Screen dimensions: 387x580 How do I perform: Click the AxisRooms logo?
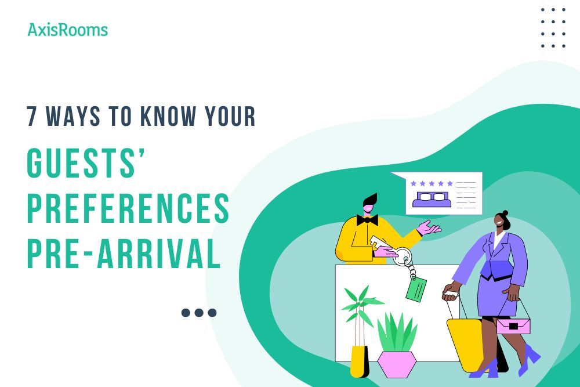tap(67, 30)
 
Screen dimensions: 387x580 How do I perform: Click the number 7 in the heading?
tap(32, 117)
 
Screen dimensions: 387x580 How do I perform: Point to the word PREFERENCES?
tap(128, 209)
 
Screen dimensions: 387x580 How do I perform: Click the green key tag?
tap(416, 289)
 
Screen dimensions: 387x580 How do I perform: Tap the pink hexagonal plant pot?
tap(397, 364)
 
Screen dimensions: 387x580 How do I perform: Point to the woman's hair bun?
tap(505, 214)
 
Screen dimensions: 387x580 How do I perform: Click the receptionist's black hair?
tap(369, 200)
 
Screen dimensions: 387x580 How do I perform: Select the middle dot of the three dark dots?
tap(199, 313)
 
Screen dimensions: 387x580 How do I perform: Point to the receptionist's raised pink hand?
tap(430, 227)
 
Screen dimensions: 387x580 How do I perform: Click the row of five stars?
tap(432, 183)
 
